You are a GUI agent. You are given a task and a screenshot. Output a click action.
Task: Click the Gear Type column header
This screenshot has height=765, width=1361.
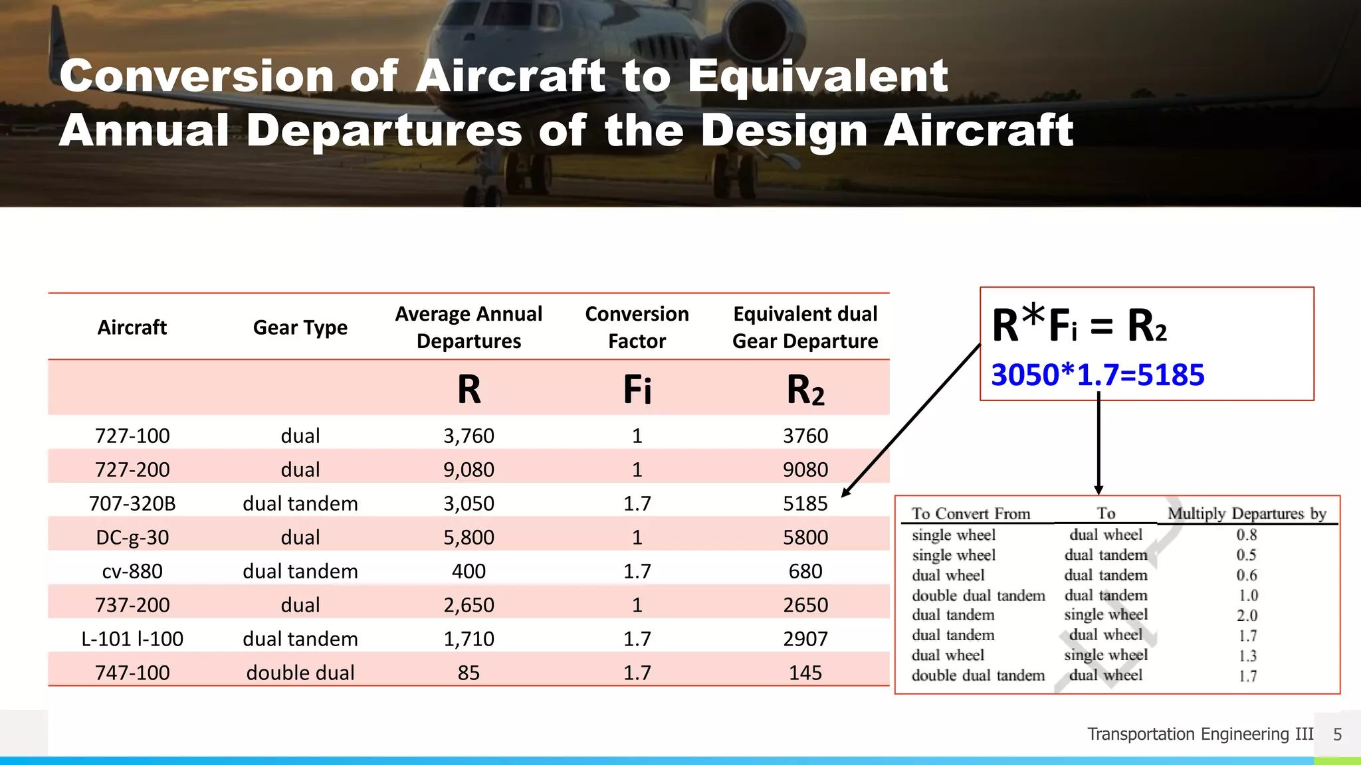[x=300, y=327]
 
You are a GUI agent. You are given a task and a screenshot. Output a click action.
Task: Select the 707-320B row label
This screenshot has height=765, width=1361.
[x=132, y=503]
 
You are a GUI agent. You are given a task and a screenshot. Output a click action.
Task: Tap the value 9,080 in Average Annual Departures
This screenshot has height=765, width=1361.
[x=469, y=469]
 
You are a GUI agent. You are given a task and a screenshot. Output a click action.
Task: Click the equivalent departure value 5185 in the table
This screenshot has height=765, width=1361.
[x=805, y=503]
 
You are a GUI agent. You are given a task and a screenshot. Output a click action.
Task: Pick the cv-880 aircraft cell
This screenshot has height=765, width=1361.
[x=132, y=571]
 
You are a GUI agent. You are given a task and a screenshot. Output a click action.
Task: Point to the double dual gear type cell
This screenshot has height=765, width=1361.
[x=300, y=673]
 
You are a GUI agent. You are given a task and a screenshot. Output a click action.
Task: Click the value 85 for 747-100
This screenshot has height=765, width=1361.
[x=469, y=673]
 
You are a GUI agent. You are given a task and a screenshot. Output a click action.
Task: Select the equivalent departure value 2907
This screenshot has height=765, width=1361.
[x=805, y=639]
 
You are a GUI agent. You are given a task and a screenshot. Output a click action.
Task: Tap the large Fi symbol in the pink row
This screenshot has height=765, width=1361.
[x=637, y=390]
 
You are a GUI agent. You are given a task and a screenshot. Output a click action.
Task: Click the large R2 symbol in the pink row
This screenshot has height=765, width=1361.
[x=805, y=390]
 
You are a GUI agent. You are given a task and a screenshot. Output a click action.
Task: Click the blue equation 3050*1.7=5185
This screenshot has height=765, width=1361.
[x=1097, y=375]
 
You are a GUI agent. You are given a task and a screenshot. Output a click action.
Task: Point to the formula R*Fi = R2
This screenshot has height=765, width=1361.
[x=1079, y=325]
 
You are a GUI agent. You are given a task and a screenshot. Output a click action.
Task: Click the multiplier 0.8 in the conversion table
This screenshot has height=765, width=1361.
[x=1247, y=535]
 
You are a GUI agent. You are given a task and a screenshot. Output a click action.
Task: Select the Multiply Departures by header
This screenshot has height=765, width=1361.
[x=1247, y=513]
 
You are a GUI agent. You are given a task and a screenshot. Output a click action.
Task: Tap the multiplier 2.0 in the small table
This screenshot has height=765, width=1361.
[x=1247, y=616]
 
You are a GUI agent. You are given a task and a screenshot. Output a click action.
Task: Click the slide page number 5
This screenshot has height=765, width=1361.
[x=1337, y=734]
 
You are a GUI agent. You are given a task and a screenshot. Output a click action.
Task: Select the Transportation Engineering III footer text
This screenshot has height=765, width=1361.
[x=1200, y=734]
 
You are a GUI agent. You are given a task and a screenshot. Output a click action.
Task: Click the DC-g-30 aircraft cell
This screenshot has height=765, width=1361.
[x=132, y=537]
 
